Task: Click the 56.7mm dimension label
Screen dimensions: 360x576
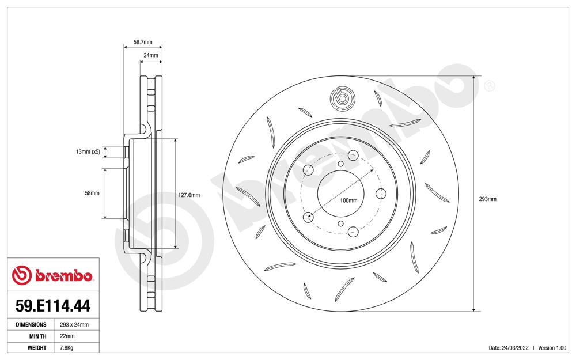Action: (x=143, y=42)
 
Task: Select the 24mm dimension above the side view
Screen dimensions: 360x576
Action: (x=150, y=55)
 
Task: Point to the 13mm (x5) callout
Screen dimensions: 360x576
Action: (x=88, y=152)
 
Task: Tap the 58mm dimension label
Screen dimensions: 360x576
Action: (x=92, y=193)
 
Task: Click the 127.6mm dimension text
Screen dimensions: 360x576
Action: (x=188, y=195)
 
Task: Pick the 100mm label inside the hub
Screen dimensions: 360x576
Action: (x=348, y=200)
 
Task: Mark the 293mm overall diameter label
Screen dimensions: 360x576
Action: (x=487, y=199)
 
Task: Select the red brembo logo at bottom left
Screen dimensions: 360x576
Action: (x=52, y=276)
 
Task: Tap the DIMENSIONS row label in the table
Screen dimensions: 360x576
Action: (x=31, y=325)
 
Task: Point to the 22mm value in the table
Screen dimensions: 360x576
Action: (x=67, y=336)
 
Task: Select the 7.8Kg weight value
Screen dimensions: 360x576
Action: (x=67, y=348)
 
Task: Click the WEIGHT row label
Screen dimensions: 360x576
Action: (x=37, y=348)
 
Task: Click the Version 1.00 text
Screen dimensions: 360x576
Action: (x=553, y=348)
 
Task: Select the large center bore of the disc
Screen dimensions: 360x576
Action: (x=340, y=194)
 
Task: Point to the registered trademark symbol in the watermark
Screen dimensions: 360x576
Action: (x=490, y=86)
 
